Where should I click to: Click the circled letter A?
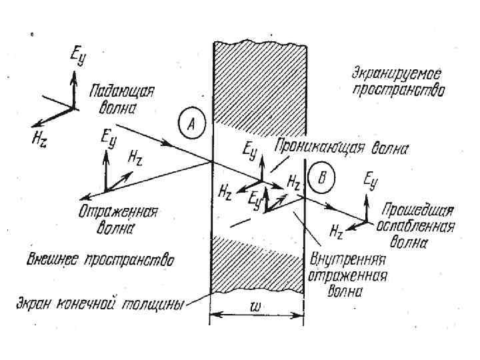tap(191, 123)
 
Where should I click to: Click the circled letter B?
tap(321, 177)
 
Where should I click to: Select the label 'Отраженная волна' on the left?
tap(117, 219)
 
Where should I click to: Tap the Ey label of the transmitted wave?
tap(371, 179)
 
